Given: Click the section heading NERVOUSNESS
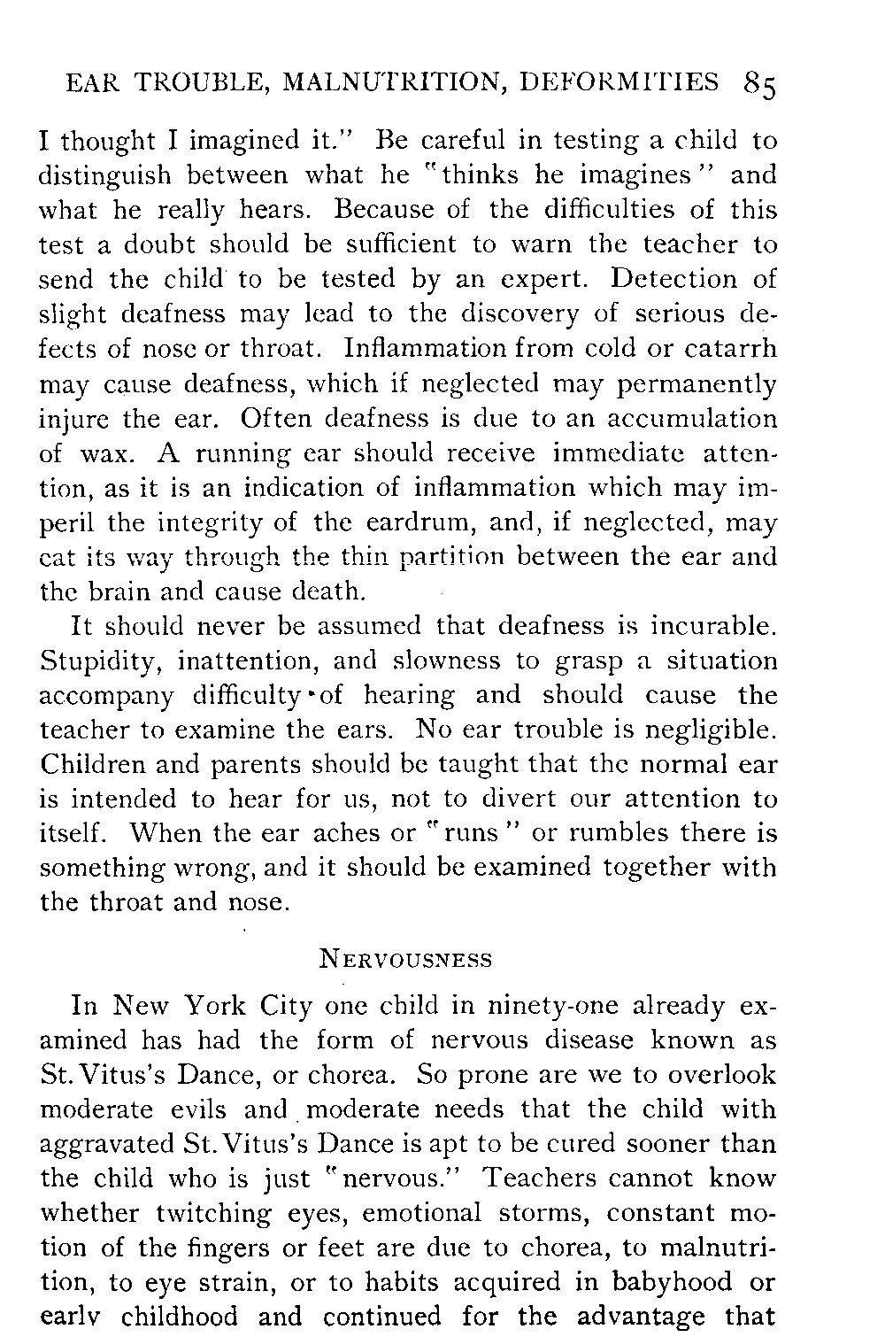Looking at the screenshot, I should click(404, 959).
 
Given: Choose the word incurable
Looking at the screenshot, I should click(713, 627).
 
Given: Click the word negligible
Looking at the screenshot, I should click(710, 731).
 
